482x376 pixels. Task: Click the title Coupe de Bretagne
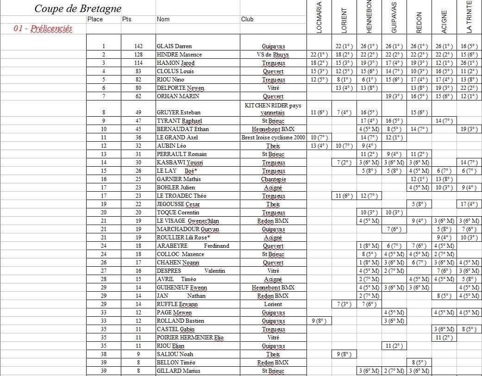pos(78,9)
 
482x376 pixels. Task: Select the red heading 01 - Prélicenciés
pos(43,28)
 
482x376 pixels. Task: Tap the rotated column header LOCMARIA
pos(319,18)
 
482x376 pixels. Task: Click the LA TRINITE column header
pos(469,17)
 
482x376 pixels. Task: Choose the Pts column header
pos(127,19)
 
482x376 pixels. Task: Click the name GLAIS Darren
pos(175,46)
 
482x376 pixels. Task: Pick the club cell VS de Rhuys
pos(273,55)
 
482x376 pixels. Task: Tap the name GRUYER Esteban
pos(177,113)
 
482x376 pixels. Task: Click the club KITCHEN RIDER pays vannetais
pos(273,109)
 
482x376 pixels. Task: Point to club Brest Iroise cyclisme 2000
pos(273,138)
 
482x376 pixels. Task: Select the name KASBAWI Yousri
pos(180,163)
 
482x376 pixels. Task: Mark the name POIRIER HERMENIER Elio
pos(190,338)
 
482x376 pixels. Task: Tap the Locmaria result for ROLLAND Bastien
pos(319,321)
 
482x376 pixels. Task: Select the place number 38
pos(104,354)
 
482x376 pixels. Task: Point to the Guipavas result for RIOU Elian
pos(394,346)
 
